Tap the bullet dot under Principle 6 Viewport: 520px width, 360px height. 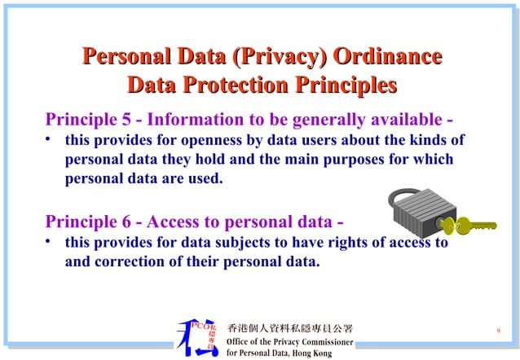(x=50, y=242)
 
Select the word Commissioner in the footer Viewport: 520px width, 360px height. (x=324, y=342)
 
